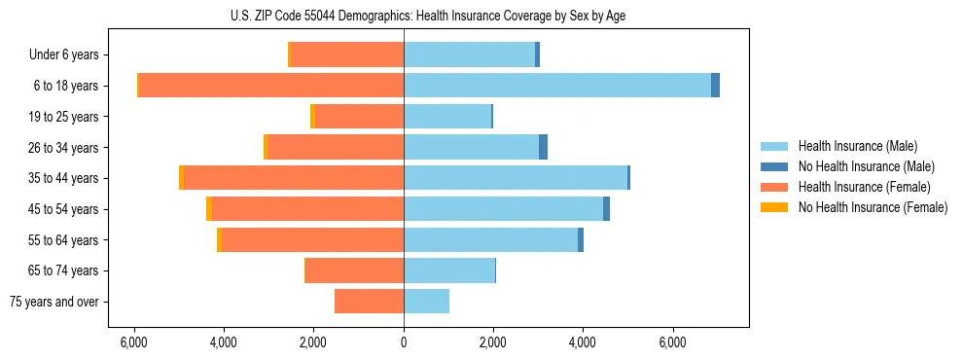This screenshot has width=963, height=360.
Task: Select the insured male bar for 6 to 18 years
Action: click(556, 86)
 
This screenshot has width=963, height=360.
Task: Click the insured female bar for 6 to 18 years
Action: click(271, 86)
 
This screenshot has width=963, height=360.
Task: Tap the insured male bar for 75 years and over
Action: click(426, 302)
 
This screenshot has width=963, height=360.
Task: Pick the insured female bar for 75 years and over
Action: click(369, 302)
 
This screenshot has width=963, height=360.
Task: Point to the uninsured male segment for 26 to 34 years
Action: click(543, 147)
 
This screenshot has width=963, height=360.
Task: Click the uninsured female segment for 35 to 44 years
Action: click(181, 178)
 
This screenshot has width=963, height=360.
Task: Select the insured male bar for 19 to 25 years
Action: click(447, 117)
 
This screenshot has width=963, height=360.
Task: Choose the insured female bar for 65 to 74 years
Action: click(354, 270)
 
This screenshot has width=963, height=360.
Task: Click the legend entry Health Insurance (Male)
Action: click(857, 146)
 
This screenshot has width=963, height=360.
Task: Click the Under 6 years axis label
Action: click(63, 55)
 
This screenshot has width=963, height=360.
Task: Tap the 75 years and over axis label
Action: click(53, 302)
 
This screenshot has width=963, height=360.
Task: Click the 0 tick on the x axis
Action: click(404, 342)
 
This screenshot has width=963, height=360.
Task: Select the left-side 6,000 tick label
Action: click(133, 342)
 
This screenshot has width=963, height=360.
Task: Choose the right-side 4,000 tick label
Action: click(583, 342)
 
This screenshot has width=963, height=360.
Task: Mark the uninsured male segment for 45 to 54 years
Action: click(606, 209)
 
